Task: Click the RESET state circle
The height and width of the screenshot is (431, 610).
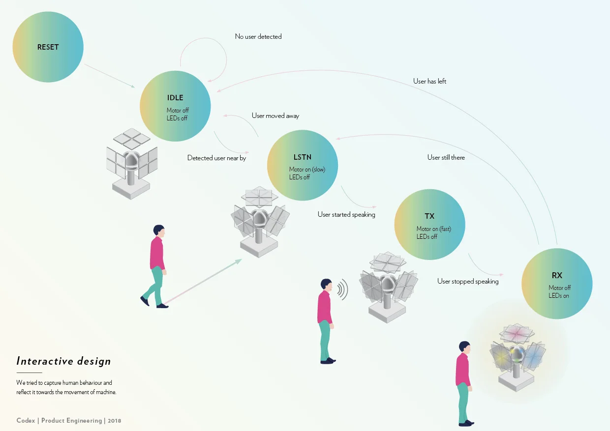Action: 48,47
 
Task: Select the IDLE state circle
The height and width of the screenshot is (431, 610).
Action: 175,106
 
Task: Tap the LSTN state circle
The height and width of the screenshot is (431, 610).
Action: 303,165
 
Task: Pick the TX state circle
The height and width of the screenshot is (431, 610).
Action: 429,225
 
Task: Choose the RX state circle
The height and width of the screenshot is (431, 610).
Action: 557,284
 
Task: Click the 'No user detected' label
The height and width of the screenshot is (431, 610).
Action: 258,36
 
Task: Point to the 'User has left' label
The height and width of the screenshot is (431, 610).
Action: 429,81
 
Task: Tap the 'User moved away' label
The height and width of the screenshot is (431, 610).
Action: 275,115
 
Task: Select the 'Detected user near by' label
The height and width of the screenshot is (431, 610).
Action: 216,158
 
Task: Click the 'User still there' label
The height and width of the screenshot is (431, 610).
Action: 446,157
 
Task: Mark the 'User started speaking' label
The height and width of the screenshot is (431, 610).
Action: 346,214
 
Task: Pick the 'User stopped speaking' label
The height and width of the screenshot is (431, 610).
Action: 468,281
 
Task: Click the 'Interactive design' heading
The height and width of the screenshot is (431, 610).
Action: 63,361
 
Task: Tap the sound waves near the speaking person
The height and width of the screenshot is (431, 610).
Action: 343,289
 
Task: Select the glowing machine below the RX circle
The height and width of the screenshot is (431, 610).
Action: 516,356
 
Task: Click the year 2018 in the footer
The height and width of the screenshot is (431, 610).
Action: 114,421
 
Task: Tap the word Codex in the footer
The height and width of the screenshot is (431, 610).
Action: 26,421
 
